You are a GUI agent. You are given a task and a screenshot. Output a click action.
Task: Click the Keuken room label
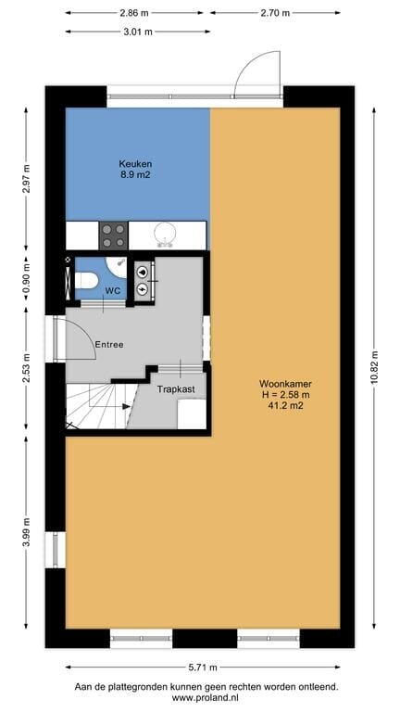pyautogui.click(x=135, y=163)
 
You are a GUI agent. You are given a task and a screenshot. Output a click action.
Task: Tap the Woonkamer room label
pyautogui.click(x=286, y=383)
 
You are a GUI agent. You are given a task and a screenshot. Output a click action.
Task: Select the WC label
pyautogui.click(x=112, y=290)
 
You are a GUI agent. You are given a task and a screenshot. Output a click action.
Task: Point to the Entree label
pyautogui.click(x=109, y=345)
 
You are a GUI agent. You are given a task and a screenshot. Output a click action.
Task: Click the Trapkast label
pyautogui.click(x=176, y=389)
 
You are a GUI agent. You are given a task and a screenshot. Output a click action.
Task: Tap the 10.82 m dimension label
pyautogui.click(x=374, y=368)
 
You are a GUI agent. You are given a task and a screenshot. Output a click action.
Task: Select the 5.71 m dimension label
pyautogui.click(x=202, y=667)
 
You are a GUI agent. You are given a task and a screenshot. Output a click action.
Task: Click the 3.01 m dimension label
pyautogui.click(x=137, y=32)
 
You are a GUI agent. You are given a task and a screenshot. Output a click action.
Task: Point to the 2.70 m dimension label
pyautogui.click(x=275, y=13)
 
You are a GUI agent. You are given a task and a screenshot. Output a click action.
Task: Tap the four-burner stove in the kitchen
pyautogui.click(x=113, y=235)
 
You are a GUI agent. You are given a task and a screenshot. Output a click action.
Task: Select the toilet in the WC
pyautogui.click(x=86, y=281)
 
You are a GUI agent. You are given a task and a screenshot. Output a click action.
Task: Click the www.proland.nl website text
pyautogui.click(x=206, y=697)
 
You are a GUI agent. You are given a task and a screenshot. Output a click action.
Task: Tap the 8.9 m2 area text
pyautogui.click(x=135, y=173)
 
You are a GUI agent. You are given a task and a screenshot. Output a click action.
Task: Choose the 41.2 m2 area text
pyautogui.click(x=286, y=406)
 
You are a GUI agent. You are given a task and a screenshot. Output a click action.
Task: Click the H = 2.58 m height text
pyautogui.click(x=286, y=395)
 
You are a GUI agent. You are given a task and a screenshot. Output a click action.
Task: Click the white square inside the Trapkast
pyautogui.click(x=192, y=414)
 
